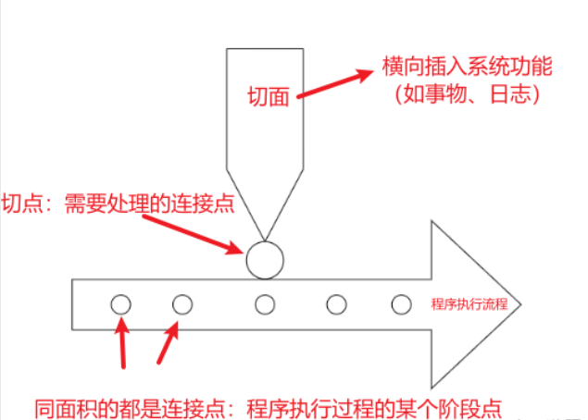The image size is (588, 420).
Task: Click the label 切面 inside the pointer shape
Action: pyautogui.click(x=269, y=95)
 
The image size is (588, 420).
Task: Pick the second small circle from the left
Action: pyautogui.click(x=182, y=303)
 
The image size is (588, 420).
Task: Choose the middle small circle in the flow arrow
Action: pyautogui.click(x=266, y=303)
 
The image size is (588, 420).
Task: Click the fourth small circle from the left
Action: pyautogui.click(x=336, y=303)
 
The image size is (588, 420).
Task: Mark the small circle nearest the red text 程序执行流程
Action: pyautogui.click(x=401, y=303)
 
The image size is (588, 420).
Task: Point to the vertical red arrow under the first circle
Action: pyautogui.click(x=124, y=341)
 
